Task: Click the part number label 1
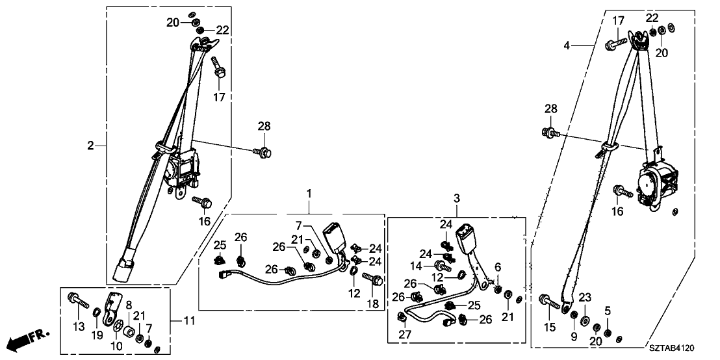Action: (x=309, y=194)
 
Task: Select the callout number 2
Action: (x=91, y=146)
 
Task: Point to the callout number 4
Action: (x=567, y=45)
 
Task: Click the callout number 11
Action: (x=188, y=320)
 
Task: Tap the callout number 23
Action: (x=585, y=298)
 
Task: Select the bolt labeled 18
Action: (x=374, y=280)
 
